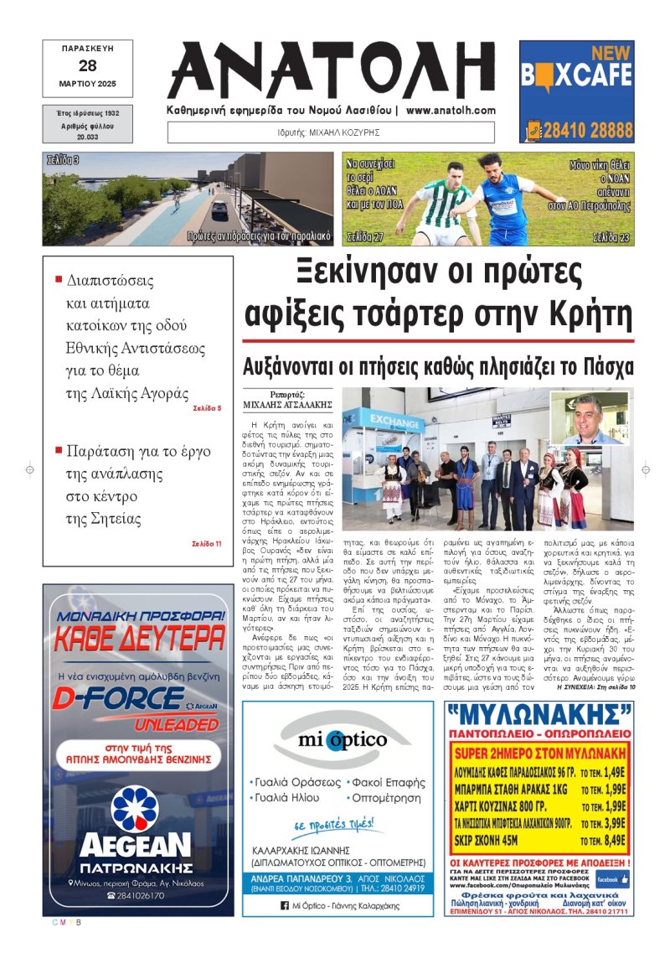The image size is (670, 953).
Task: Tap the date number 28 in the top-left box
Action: pos(89,65)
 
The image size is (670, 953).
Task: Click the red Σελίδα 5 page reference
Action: pos(207,408)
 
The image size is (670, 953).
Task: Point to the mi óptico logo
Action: pos(341,740)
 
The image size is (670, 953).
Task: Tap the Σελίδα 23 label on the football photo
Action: pos(611,238)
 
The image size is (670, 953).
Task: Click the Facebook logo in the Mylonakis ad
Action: pos(611,879)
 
